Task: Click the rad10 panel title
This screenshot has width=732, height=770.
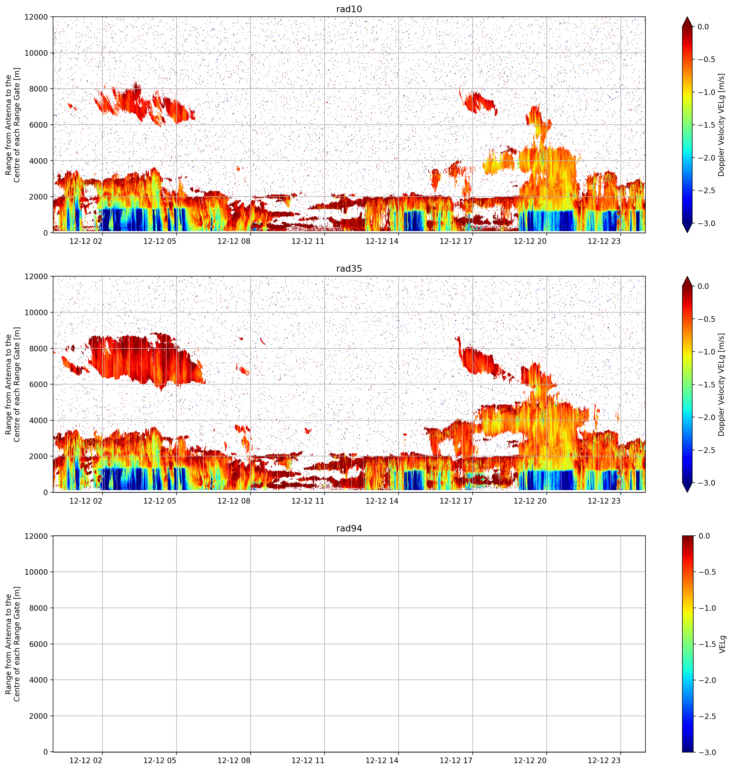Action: click(x=349, y=9)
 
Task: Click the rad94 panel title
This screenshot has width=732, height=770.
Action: click(x=349, y=528)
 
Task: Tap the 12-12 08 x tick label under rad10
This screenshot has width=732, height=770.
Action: click(x=234, y=241)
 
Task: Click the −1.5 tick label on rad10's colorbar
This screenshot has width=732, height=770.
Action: click(x=706, y=125)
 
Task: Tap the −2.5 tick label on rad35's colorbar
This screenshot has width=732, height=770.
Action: click(x=706, y=450)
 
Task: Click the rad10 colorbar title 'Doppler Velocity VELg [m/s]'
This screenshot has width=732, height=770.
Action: click(x=721, y=125)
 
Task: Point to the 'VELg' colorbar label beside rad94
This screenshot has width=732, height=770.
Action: click(x=722, y=644)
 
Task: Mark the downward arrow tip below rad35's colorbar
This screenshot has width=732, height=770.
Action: click(x=687, y=492)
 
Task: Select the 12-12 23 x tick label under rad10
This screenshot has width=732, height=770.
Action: click(x=604, y=241)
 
